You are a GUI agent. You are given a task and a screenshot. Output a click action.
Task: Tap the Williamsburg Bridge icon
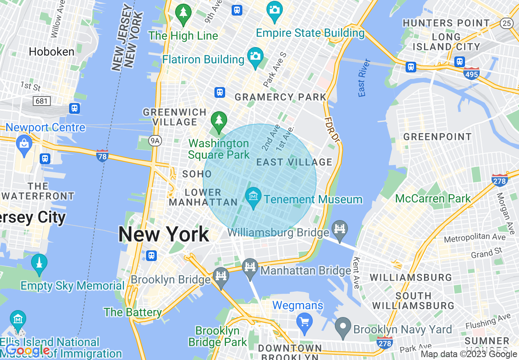click(340, 229)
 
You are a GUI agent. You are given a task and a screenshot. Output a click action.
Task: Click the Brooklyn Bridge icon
click(221, 277)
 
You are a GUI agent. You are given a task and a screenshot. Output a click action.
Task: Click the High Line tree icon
click(183, 13)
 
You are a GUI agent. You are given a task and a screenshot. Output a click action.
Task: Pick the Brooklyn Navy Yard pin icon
click(343, 326)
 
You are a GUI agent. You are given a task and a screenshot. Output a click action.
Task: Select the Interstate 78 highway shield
click(102, 155)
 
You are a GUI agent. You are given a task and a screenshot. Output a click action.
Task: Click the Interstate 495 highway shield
click(472, 74)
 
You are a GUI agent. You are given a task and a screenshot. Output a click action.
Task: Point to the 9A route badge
click(155, 141)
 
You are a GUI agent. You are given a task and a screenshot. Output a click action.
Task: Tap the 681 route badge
click(41, 100)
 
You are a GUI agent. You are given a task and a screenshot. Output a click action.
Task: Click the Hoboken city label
click(52, 52)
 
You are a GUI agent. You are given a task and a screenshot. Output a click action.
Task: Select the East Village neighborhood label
click(294, 162)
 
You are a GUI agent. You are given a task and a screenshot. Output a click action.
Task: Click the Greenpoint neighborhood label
click(438, 137)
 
